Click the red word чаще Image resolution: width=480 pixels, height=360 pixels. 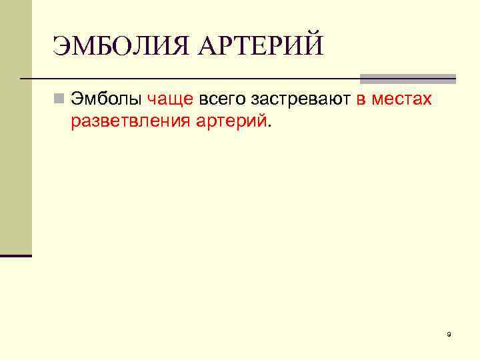click(x=170, y=100)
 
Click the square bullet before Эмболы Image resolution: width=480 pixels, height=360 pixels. click(x=59, y=100)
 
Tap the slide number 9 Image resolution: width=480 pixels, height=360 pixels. click(x=449, y=334)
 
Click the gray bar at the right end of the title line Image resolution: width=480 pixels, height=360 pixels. click(x=408, y=79)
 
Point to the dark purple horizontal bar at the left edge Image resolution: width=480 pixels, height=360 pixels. click(x=16, y=255)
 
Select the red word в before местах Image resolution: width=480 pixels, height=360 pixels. click(x=361, y=100)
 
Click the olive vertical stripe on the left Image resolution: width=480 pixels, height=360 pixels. click(x=16, y=127)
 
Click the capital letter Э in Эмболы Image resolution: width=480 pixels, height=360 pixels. click(x=77, y=100)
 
